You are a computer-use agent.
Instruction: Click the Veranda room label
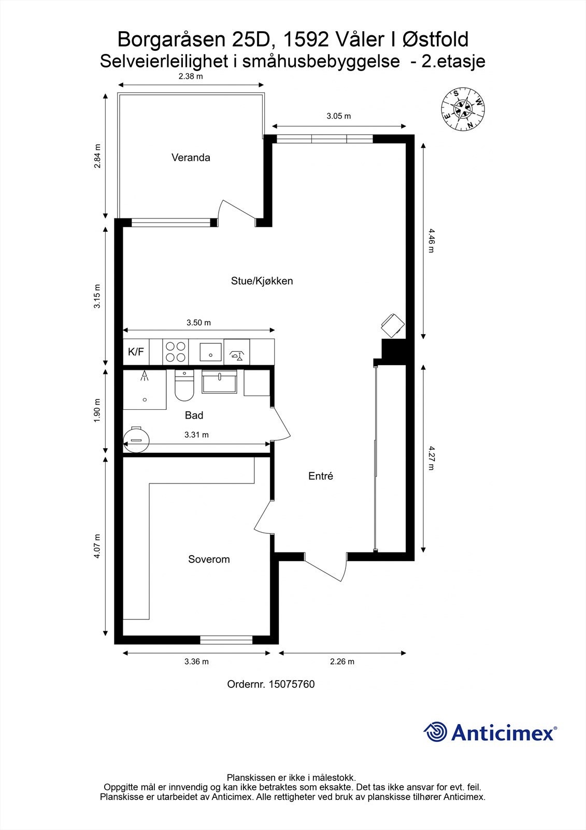pyautogui.click(x=191, y=158)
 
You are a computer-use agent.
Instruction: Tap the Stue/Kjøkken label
pyautogui.click(x=262, y=281)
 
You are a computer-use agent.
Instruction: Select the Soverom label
pyautogui.click(x=209, y=559)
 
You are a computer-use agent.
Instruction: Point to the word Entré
pyautogui.click(x=320, y=476)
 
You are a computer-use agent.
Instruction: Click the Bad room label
pyautogui.click(x=194, y=415)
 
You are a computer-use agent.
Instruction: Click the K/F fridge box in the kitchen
pyautogui.click(x=136, y=352)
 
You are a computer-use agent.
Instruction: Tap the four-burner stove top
pyautogui.click(x=175, y=352)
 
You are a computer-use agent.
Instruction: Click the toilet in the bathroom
pyautogui.click(x=184, y=387)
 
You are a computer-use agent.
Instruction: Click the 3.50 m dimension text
pyautogui.click(x=198, y=323)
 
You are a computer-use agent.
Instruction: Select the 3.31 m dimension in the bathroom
pyautogui.click(x=196, y=435)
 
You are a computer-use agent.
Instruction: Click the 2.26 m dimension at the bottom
pyautogui.click(x=342, y=661)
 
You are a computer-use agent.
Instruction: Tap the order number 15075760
pyautogui.click(x=270, y=684)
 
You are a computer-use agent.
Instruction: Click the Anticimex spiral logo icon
pyautogui.click(x=435, y=732)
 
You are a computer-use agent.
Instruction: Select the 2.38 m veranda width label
pyautogui.click(x=190, y=76)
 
